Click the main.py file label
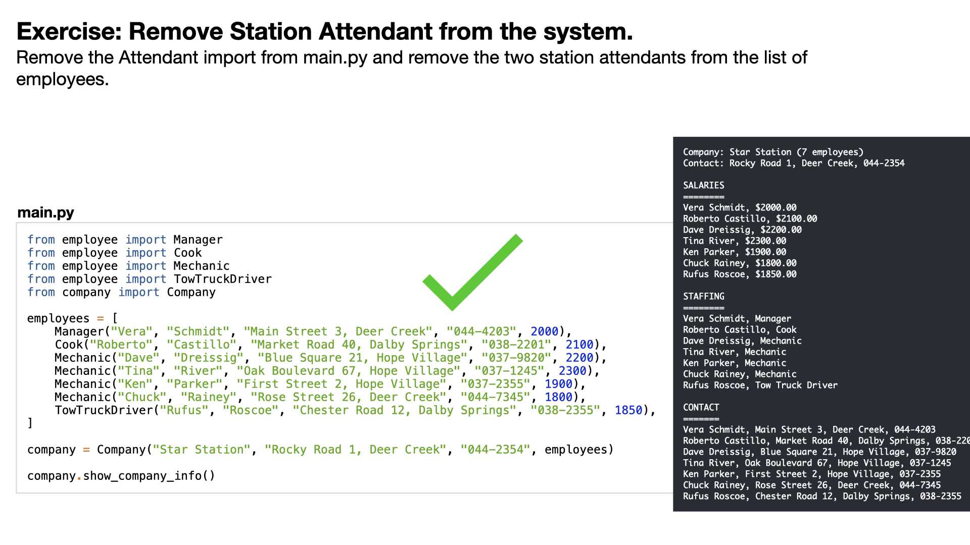point(45,212)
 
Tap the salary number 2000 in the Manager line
point(544,332)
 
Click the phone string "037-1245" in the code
point(509,371)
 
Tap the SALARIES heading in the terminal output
point(704,185)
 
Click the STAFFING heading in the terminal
point(704,296)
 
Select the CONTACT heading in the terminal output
point(701,407)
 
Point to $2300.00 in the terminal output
point(765,241)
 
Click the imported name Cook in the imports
point(187,253)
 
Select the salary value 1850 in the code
point(628,410)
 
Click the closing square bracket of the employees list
point(30,423)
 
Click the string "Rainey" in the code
point(209,397)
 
